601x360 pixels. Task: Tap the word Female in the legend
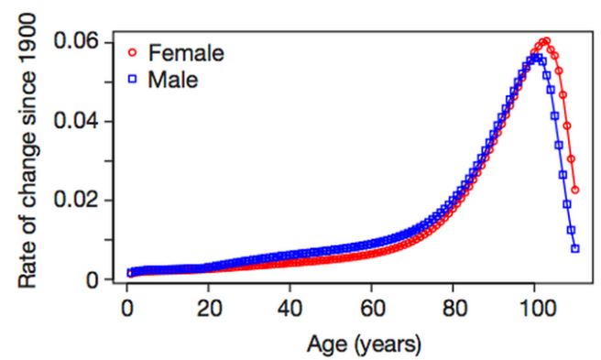[186, 52]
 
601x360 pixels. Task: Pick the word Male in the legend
[173, 81]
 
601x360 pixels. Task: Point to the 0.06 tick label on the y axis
[80, 42]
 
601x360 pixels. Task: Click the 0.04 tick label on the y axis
[80, 121]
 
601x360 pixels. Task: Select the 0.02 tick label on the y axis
[80, 200]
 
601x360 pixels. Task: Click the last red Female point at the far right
[575, 190]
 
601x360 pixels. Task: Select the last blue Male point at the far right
[575, 248]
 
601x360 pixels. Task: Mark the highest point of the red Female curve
[546, 41]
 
